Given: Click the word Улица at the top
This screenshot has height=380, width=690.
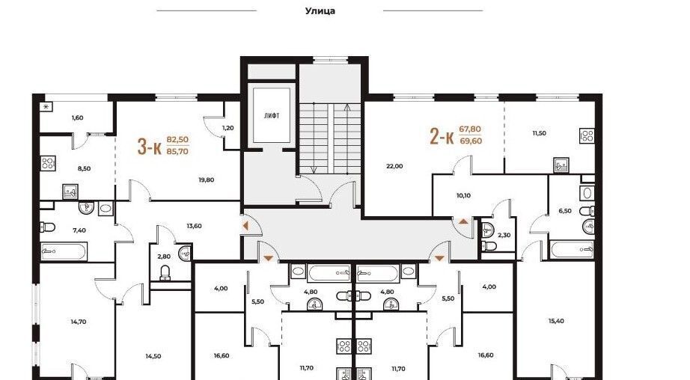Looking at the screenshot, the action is (x=320, y=11).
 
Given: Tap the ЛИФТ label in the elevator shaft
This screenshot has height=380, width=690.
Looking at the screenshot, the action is (x=272, y=116).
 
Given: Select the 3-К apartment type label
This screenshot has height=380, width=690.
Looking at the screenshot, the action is (x=149, y=147).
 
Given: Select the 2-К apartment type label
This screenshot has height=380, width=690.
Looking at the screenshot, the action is (x=442, y=136).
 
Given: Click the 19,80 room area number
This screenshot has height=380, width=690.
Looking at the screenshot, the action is (x=206, y=180).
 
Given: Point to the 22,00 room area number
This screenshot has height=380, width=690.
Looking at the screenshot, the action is (x=394, y=166).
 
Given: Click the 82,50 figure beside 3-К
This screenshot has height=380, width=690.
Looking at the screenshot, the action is (x=177, y=139).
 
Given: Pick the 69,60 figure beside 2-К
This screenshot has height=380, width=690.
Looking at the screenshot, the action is (x=471, y=141).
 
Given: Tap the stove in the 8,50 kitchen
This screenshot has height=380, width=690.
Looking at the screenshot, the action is (x=49, y=163).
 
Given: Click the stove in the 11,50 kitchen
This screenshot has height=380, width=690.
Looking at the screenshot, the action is (x=587, y=135).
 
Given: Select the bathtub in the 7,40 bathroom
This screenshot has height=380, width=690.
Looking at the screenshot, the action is (x=64, y=251).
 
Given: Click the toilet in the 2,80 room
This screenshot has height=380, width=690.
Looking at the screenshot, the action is (x=165, y=272).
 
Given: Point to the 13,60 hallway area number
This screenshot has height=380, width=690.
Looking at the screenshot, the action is (x=194, y=226).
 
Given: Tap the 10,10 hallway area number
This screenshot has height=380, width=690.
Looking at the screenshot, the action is (x=463, y=195).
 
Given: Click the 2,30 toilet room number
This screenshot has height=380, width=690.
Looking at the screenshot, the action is (x=504, y=236).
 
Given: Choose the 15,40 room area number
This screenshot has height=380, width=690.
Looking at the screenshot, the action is (x=556, y=321).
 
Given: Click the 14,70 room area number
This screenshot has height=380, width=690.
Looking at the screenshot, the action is (x=79, y=322).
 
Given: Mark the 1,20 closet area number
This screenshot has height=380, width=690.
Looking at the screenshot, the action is (x=228, y=128).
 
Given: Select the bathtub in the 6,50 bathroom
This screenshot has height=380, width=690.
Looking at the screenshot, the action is (x=572, y=249).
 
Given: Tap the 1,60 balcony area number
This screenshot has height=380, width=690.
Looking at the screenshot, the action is (x=77, y=118).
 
